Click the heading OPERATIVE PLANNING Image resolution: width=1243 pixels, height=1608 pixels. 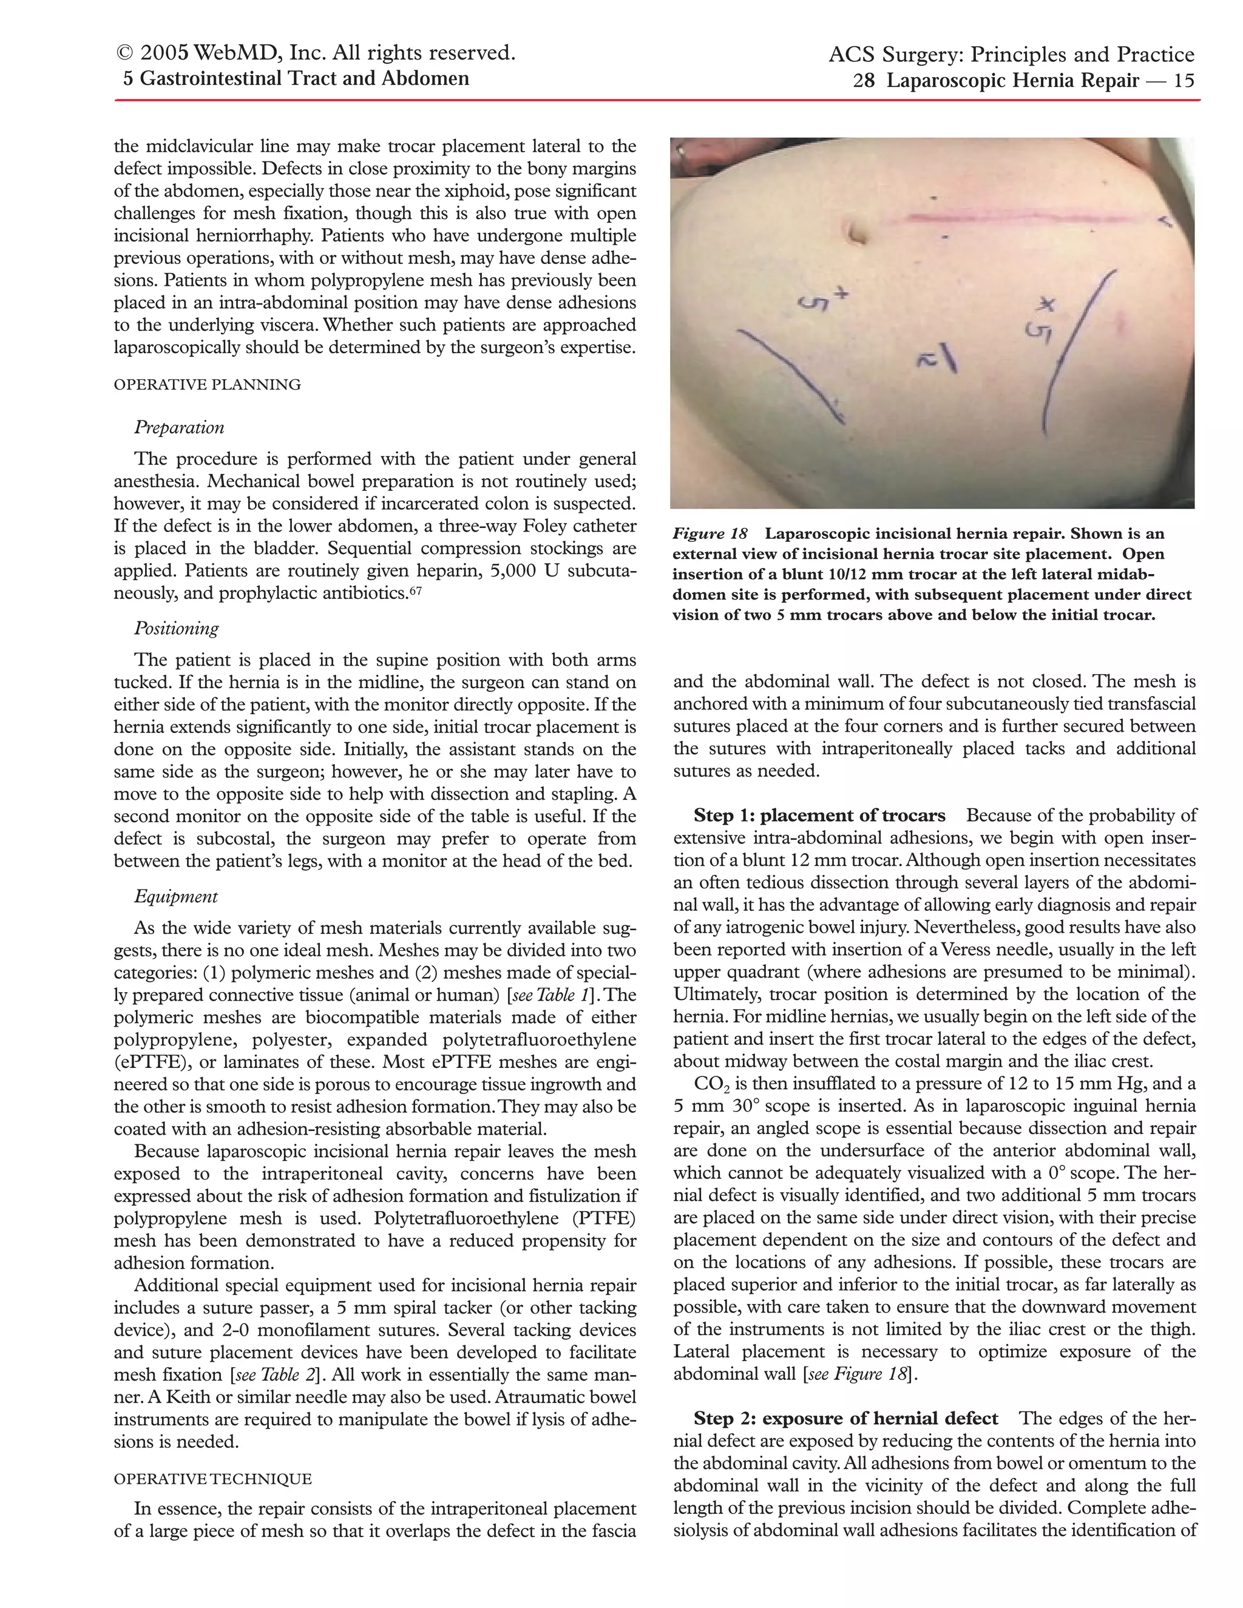(x=207, y=384)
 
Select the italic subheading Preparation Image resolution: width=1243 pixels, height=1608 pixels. (x=179, y=428)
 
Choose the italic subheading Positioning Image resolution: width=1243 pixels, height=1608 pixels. (x=177, y=628)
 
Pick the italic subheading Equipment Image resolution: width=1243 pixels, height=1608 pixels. (x=176, y=896)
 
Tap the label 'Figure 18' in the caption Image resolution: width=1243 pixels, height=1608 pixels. (x=710, y=533)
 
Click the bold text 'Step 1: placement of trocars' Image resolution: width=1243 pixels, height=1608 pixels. (x=819, y=815)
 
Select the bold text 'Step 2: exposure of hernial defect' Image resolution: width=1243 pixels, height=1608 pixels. (x=845, y=1418)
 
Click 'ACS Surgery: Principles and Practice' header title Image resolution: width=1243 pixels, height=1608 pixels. (x=1011, y=55)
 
